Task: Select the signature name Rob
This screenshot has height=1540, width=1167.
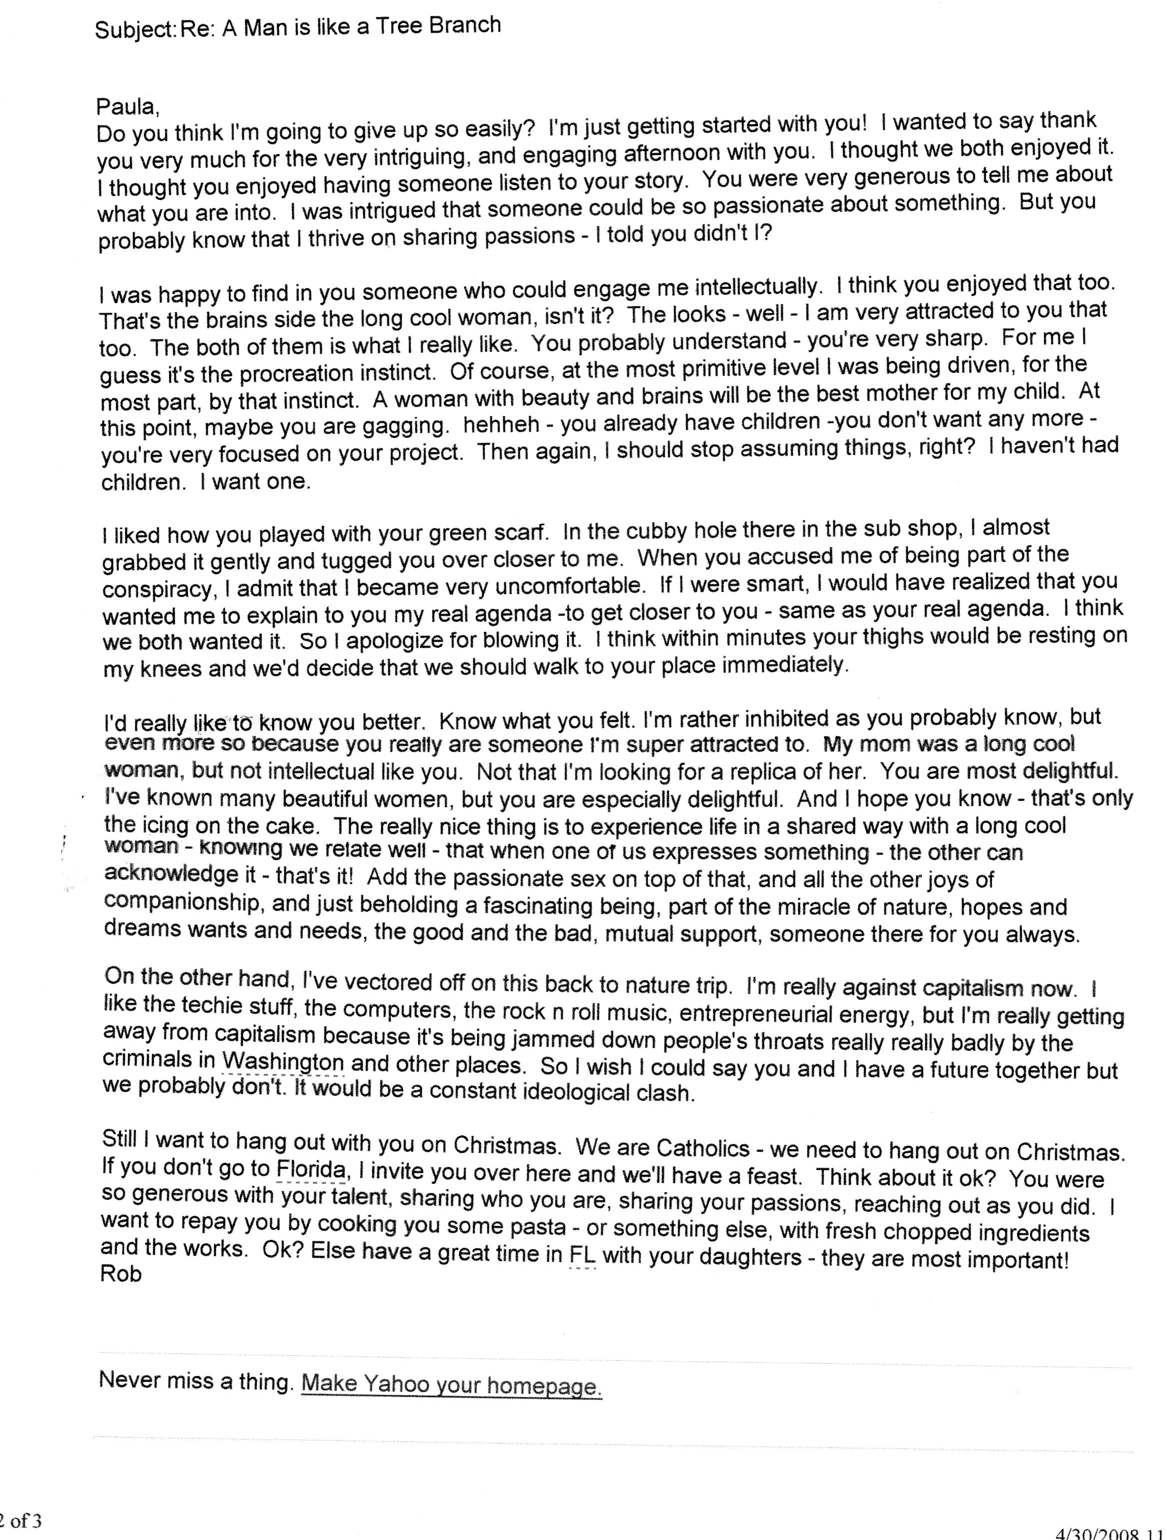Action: (121, 1273)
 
